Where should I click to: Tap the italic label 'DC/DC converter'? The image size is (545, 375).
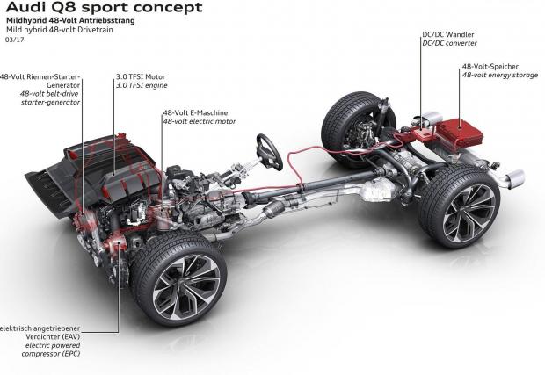pos(452,43)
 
